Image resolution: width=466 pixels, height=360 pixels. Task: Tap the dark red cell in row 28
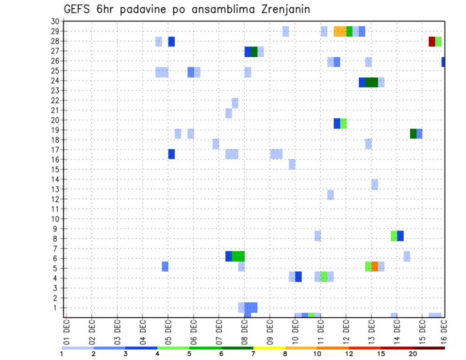pyautogui.click(x=432, y=41)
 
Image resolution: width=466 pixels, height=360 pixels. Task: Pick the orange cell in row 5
pyautogui.click(x=375, y=266)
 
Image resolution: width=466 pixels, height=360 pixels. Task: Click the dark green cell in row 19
pyautogui.click(x=413, y=133)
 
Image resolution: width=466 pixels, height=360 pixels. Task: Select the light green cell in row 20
pyautogui.click(x=343, y=123)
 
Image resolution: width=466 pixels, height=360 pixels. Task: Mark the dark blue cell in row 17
pyautogui.click(x=171, y=154)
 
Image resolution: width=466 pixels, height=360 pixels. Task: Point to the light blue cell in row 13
pyautogui.click(x=375, y=184)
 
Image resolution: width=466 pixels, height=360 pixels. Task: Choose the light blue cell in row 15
pyautogui.click(x=292, y=164)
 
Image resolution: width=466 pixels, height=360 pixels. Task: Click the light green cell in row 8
pyautogui.click(x=394, y=236)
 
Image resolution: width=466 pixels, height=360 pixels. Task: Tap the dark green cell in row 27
pyautogui.click(x=254, y=51)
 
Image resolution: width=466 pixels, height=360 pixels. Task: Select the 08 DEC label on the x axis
pyautogui.click(x=245, y=332)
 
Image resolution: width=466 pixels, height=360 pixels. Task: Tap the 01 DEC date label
pyautogui.click(x=67, y=332)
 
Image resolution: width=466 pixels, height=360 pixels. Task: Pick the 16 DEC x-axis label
pyautogui.click(x=444, y=332)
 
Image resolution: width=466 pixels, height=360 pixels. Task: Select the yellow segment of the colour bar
pyautogui.click(x=269, y=348)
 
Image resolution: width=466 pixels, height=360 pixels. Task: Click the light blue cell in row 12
pyautogui.click(x=330, y=195)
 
